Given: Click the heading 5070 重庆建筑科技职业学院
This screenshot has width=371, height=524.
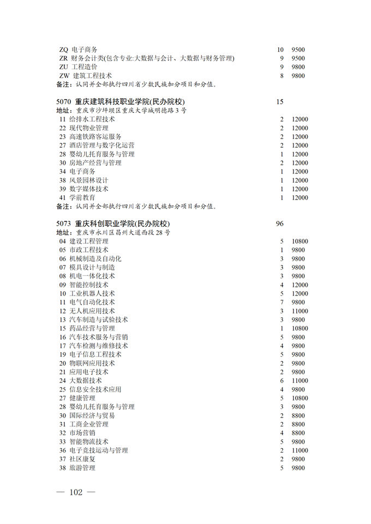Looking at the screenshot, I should point(121,101).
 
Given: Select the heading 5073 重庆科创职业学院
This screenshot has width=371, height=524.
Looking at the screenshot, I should point(113,224).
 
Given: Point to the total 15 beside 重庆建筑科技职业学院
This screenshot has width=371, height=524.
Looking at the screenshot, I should point(280,101).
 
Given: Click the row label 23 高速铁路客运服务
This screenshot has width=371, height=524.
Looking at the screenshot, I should point(91,137).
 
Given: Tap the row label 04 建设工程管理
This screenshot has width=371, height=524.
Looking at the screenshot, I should point(84,242).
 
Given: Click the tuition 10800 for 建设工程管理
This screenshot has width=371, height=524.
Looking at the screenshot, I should point(300,242).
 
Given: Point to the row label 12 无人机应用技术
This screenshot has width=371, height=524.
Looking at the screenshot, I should point(87,311).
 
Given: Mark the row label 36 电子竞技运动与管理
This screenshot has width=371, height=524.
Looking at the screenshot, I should point(94,451).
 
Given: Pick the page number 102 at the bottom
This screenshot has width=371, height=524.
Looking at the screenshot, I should point(76,492).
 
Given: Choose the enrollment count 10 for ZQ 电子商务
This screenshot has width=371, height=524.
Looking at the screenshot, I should point(280,50).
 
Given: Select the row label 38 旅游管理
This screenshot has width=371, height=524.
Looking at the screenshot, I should point(77,468).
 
